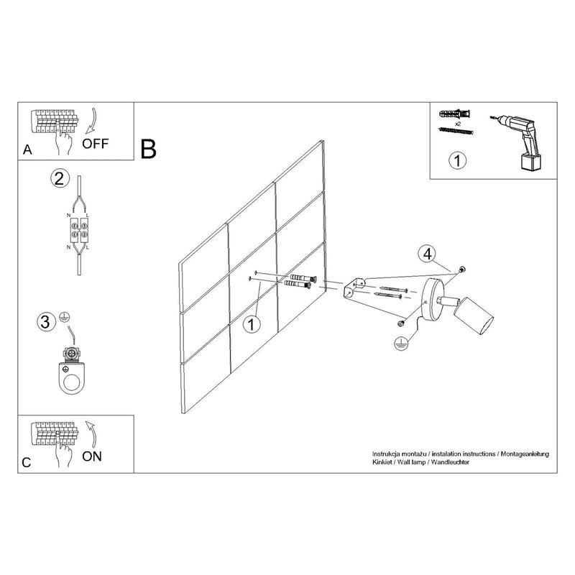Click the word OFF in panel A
tap(96, 143)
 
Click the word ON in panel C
tap(92, 456)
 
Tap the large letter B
tap(149, 149)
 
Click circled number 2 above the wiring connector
tap(60, 178)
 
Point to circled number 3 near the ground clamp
tap(46, 322)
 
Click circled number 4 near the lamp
tap(428, 254)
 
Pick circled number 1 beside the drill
tap(457, 160)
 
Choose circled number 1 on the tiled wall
tap(252, 325)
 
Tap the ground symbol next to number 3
tap(65, 318)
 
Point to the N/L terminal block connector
tap(79, 231)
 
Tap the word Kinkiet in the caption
tap(382, 462)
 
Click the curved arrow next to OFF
tap(91, 121)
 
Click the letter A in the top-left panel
tap(27, 150)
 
